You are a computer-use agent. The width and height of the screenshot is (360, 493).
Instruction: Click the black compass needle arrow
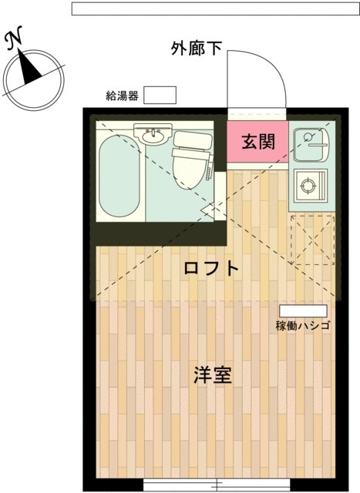30,69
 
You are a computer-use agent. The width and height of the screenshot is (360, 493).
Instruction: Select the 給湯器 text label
122,96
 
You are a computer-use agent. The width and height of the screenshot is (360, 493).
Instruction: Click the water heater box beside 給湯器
161,95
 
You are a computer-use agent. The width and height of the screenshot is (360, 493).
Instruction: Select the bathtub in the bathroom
119,176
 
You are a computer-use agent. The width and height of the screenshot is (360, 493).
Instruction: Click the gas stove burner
312,186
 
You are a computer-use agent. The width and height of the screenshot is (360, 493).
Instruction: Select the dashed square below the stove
312,240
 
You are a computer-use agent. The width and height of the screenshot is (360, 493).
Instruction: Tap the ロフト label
211,269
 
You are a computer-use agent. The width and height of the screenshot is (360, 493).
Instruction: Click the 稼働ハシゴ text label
302,325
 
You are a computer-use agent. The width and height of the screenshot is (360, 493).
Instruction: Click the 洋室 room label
213,377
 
